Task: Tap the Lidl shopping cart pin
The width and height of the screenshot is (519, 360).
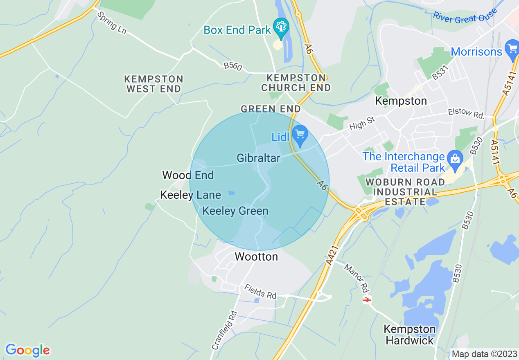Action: [300, 135]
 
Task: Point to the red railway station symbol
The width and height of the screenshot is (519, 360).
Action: [367, 300]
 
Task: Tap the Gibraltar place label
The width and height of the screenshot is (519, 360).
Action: [258, 158]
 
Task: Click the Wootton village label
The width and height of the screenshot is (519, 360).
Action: [256, 256]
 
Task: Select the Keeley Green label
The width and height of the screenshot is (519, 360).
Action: [235, 211]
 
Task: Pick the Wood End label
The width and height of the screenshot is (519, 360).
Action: [188, 175]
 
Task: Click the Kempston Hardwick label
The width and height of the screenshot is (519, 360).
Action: [410, 335]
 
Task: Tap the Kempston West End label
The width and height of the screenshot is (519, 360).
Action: [154, 84]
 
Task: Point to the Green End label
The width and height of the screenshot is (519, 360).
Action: [271, 109]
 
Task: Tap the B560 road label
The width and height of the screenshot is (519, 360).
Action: [233, 66]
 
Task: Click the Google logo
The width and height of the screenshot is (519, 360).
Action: [27, 350]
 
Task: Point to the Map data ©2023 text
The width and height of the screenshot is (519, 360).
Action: [483, 354]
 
